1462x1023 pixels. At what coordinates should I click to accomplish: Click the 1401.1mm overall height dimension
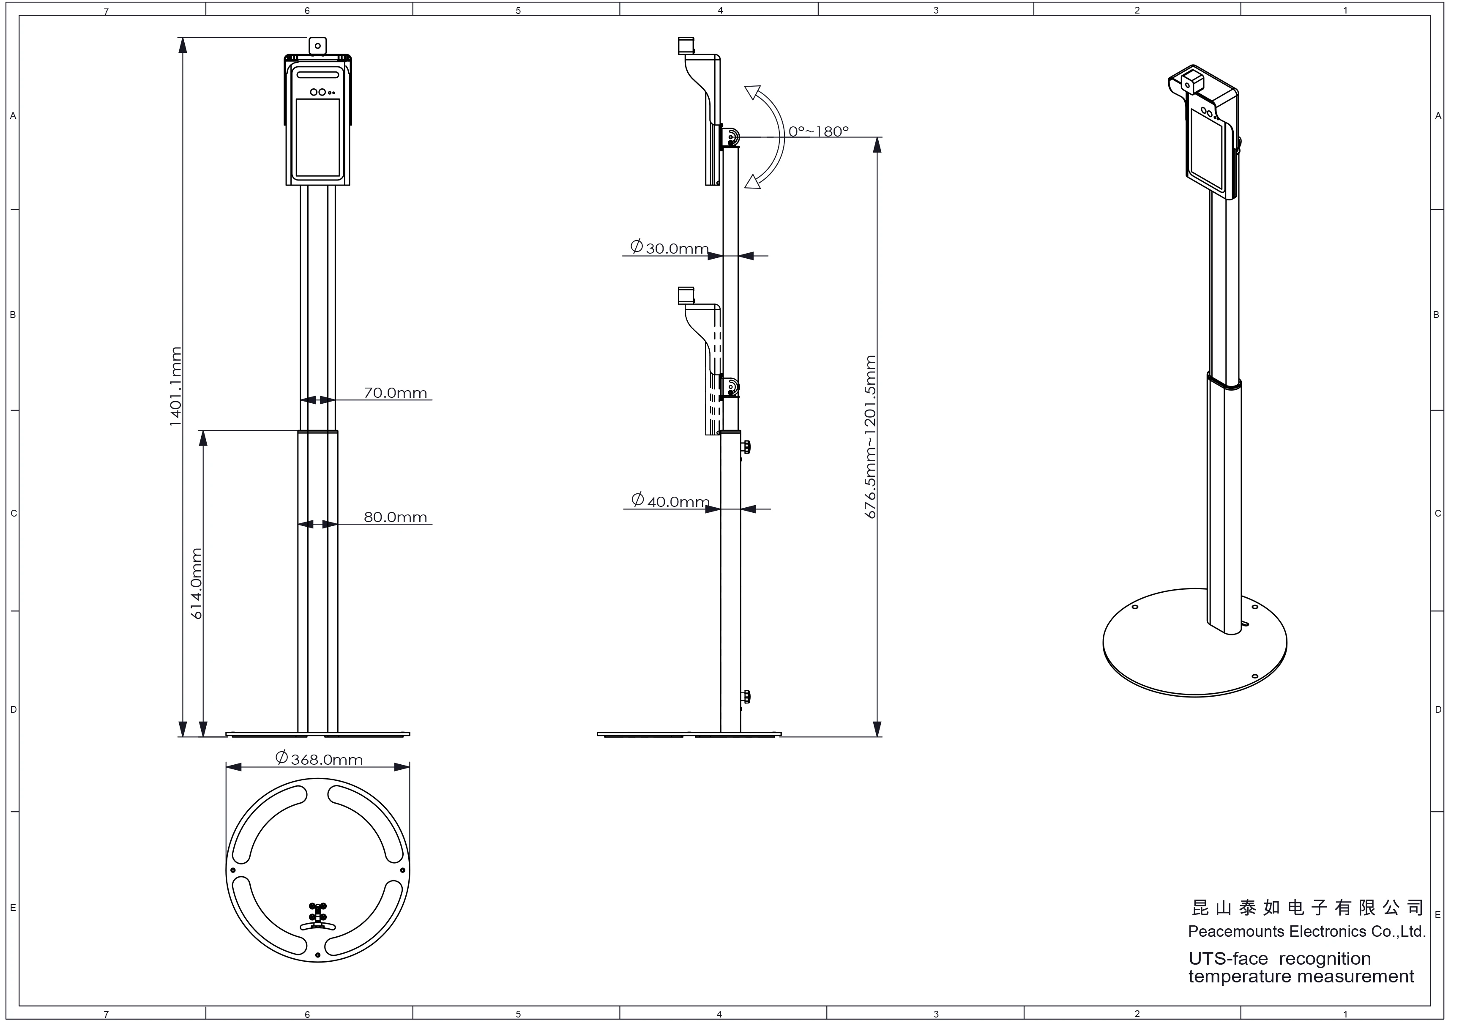pos(176,386)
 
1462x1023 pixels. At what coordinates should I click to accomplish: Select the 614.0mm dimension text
pos(197,583)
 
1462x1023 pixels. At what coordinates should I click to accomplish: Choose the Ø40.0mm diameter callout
pos(670,501)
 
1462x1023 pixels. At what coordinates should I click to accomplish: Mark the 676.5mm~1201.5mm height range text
pos(871,437)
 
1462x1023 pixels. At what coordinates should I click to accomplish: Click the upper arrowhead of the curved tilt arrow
pos(754,94)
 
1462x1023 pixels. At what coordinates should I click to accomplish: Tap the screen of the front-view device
pos(318,137)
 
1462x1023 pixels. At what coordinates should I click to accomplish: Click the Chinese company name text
pos(1307,907)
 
